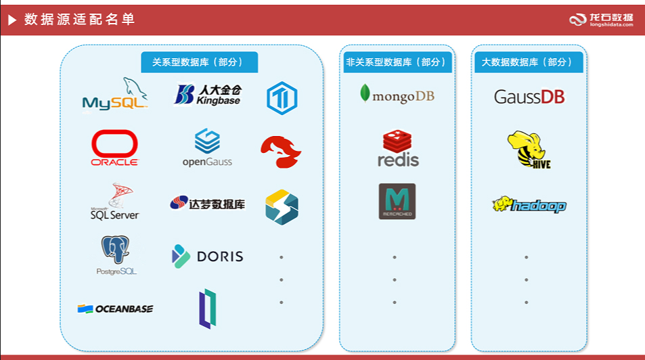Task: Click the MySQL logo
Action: click(x=114, y=95)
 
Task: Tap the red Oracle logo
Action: click(x=114, y=148)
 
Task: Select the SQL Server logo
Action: click(x=114, y=202)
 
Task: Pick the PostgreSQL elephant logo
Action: click(x=116, y=255)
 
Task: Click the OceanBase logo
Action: click(x=115, y=309)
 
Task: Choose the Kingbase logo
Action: click(x=208, y=95)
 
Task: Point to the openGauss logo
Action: click(x=207, y=148)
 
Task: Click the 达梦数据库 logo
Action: click(x=207, y=203)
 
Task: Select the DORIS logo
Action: click(x=207, y=256)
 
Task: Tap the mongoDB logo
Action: click(x=397, y=95)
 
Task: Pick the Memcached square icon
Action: click(x=397, y=201)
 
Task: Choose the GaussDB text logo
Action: click(x=529, y=96)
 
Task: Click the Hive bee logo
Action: click(x=528, y=150)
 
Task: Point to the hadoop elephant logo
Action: click(x=529, y=204)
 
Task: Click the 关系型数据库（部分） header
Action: click(x=199, y=62)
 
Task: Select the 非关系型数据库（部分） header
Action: click(x=397, y=62)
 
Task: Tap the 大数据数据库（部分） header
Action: click(x=528, y=62)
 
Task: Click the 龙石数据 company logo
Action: click(x=601, y=20)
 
